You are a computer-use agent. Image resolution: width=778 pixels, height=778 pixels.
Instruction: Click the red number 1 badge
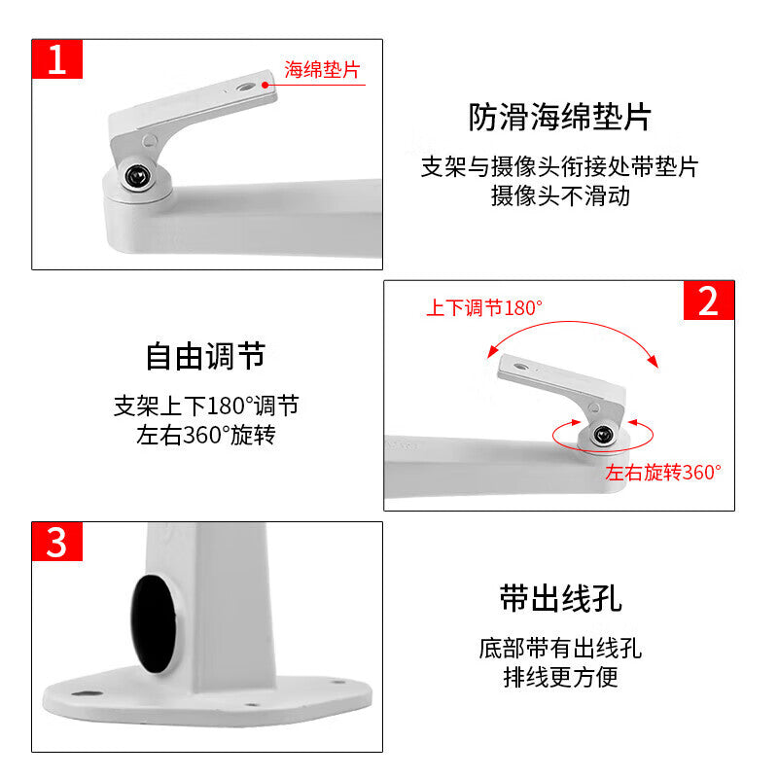tap(57, 59)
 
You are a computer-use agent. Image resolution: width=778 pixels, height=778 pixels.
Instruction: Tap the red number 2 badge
tap(709, 301)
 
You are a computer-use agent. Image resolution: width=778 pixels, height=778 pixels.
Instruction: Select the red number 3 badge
tap(57, 542)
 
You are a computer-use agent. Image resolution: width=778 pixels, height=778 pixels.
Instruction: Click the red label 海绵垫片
tap(322, 69)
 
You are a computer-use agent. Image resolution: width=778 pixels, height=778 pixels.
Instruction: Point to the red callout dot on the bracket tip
tap(265, 85)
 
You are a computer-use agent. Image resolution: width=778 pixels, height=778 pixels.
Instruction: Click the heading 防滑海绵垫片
tap(560, 117)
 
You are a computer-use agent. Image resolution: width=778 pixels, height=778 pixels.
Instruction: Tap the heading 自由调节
tap(205, 356)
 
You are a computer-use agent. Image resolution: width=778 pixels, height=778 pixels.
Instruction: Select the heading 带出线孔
tap(561, 598)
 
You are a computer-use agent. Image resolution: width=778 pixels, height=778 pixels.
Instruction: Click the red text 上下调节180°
tap(484, 307)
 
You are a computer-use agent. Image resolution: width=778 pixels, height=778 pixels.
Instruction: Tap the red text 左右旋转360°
tap(663, 473)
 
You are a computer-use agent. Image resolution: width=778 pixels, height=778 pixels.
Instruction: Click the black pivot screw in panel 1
tap(137, 176)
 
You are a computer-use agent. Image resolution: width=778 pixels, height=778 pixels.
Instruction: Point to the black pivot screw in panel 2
tap(603, 435)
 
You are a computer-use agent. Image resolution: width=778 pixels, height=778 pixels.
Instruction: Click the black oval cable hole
tap(154, 623)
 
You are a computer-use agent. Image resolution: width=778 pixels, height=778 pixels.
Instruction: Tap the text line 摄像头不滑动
tap(561, 196)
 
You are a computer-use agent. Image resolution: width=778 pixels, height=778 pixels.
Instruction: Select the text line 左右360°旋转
tap(206, 435)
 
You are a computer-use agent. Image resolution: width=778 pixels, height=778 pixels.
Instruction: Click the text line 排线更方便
tap(561, 677)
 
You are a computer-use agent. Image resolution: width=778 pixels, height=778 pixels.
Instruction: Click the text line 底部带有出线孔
tap(561, 648)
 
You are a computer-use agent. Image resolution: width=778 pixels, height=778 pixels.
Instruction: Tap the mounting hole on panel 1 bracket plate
tap(245, 88)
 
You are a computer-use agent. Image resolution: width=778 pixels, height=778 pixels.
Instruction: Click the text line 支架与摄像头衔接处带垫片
tap(560, 166)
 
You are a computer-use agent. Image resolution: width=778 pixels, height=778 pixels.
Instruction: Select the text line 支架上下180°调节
tap(206, 406)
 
